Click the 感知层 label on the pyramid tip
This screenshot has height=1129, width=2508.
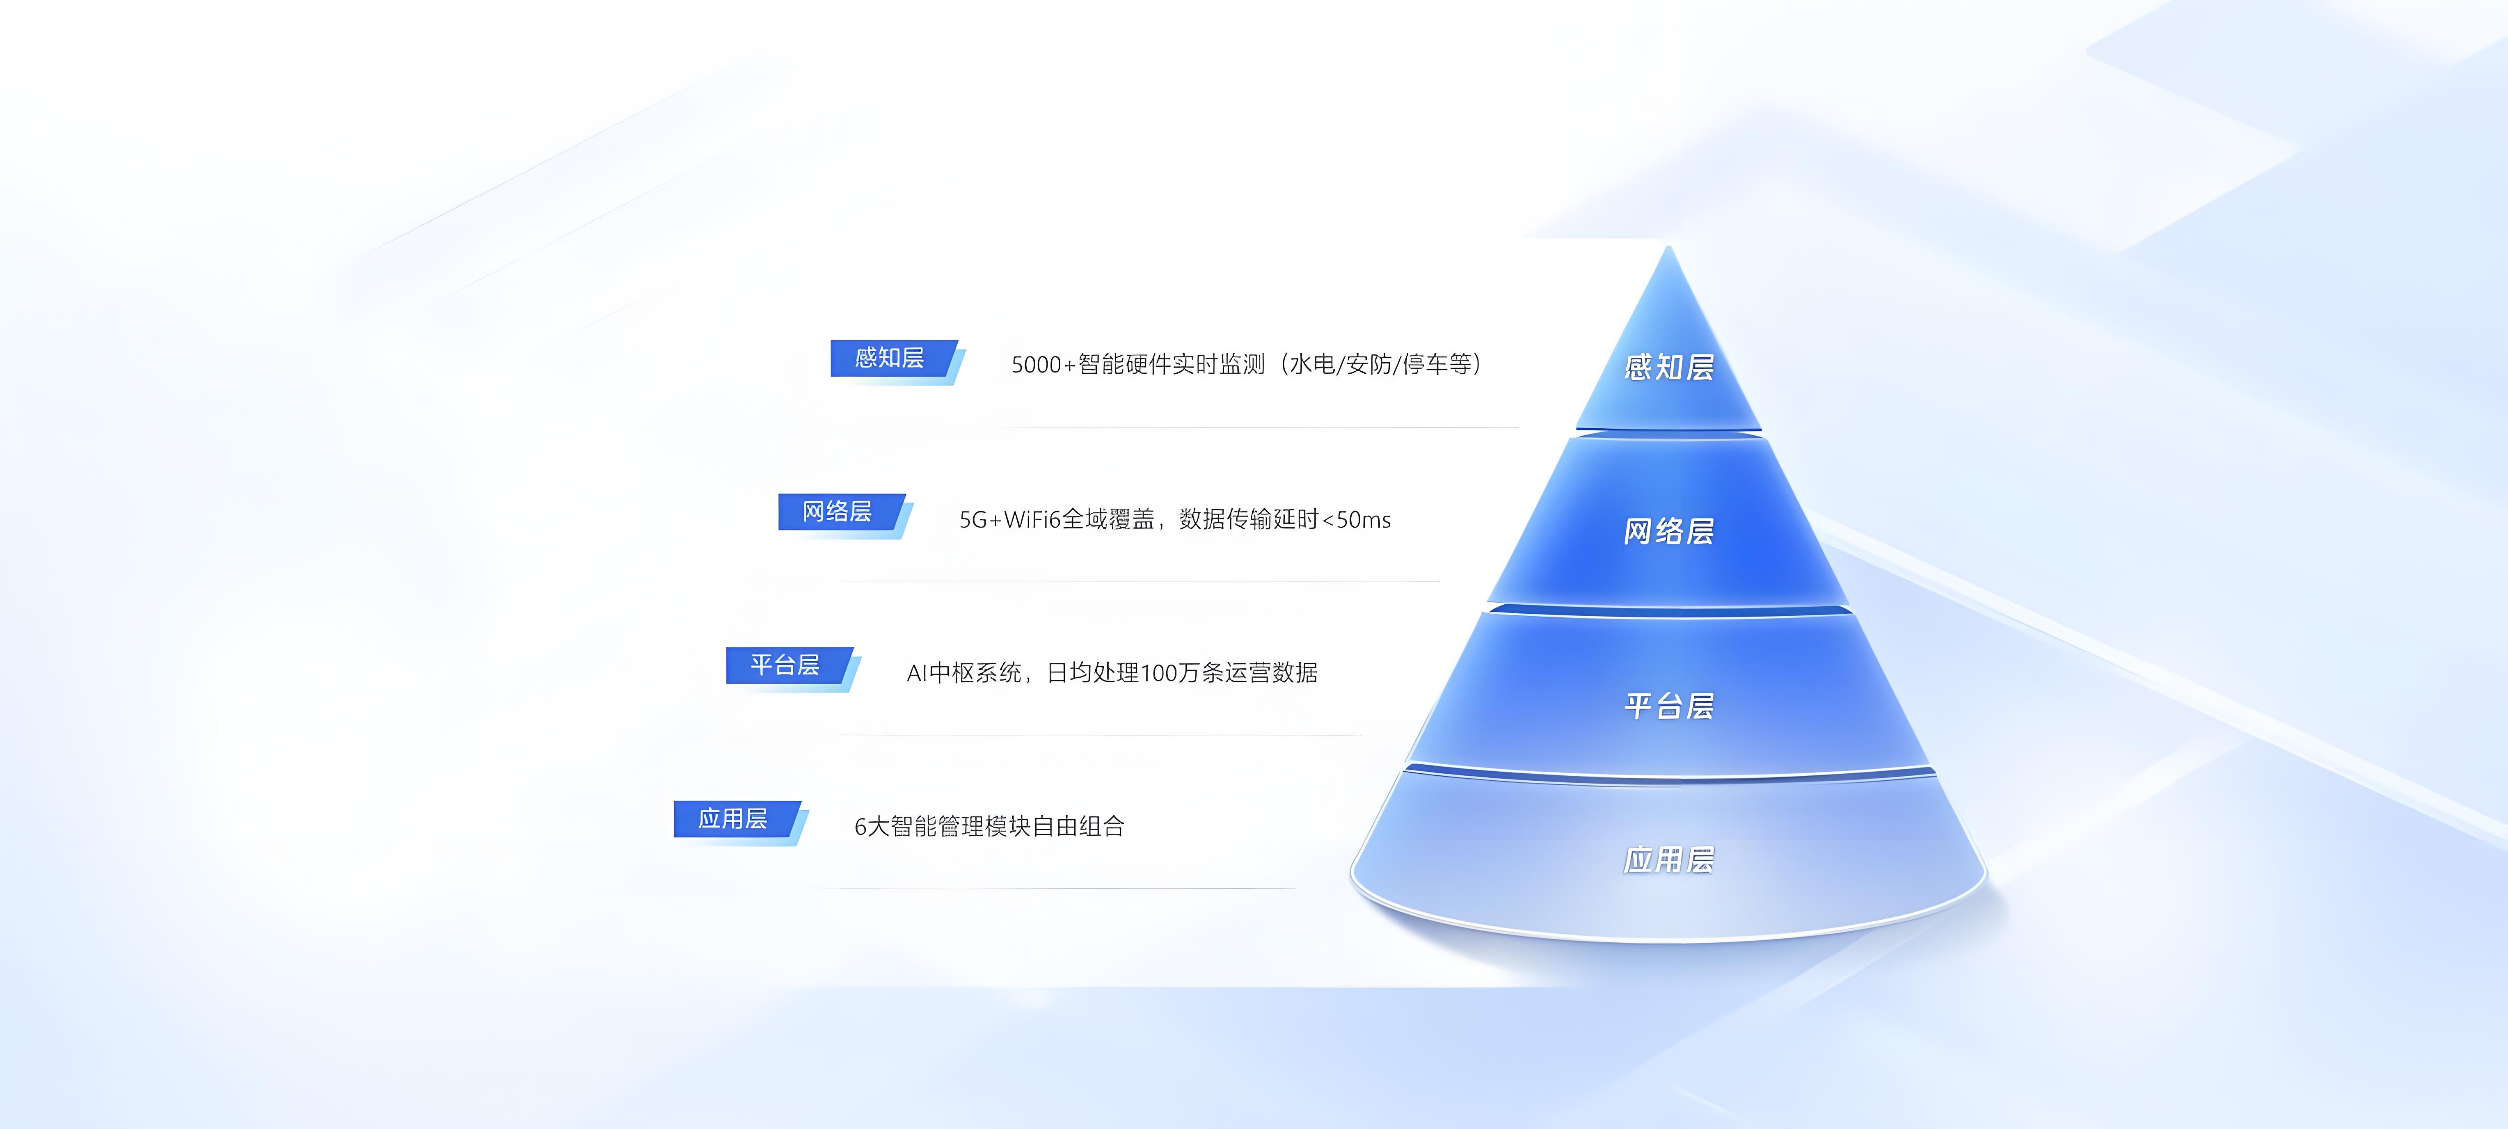click(x=1669, y=367)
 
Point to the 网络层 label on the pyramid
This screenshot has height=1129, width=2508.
click(x=1669, y=531)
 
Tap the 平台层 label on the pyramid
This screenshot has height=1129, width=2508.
click(x=1669, y=706)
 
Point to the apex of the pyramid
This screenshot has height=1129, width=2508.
click(x=1669, y=246)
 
